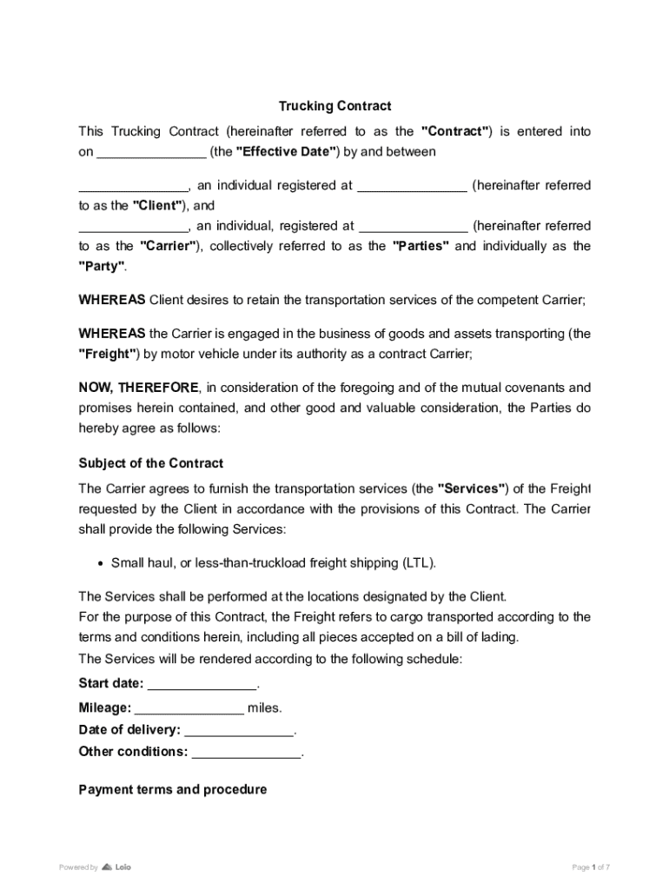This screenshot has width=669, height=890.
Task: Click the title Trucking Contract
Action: click(x=334, y=106)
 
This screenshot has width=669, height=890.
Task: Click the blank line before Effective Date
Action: click(x=151, y=153)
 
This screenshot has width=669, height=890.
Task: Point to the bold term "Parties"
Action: click(x=421, y=246)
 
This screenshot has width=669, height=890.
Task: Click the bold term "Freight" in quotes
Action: click(x=108, y=354)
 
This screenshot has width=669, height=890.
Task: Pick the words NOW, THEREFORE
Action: click(x=139, y=387)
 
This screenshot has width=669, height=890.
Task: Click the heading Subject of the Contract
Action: click(x=150, y=463)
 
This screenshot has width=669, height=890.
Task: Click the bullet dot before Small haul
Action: click(x=100, y=563)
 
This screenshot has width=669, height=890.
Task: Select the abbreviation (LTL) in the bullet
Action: click(x=417, y=563)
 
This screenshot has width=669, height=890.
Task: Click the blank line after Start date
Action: click(x=202, y=685)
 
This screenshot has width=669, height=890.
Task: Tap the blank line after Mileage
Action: click(x=189, y=709)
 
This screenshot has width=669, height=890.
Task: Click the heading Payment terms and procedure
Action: click(x=172, y=790)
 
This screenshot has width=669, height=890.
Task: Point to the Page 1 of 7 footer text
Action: click(x=591, y=867)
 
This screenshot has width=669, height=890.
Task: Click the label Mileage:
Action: click(x=105, y=708)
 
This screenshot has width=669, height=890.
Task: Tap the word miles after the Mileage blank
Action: click(x=264, y=708)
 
